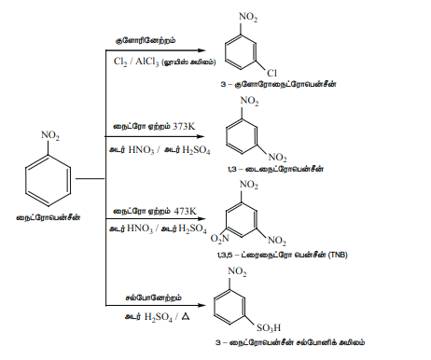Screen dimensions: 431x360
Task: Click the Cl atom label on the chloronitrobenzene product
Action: [x=271, y=73]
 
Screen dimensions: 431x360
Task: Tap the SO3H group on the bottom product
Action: [x=269, y=327]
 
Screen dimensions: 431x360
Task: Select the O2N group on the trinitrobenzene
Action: [x=219, y=239]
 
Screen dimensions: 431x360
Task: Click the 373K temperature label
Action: [x=184, y=126]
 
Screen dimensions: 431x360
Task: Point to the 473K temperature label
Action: [x=186, y=211]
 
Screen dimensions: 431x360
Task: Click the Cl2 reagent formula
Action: [x=120, y=62]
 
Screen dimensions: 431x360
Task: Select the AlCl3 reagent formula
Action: [x=147, y=62]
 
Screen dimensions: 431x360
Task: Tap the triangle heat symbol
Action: [x=186, y=317]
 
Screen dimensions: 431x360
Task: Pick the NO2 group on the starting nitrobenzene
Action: [x=50, y=135]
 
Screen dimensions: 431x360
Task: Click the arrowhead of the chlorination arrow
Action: [x=202, y=50]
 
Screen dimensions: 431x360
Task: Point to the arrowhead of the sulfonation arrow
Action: [x=202, y=305]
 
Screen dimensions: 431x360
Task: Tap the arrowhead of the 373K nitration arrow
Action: [x=201, y=136]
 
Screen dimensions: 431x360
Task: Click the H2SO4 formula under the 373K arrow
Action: [x=196, y=150]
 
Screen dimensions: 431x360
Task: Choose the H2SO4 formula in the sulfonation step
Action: [x=159, y=317]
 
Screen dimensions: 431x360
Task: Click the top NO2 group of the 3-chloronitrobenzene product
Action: [x=248, y=17]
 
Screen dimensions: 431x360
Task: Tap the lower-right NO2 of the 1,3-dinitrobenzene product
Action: [x=277, y=158]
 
